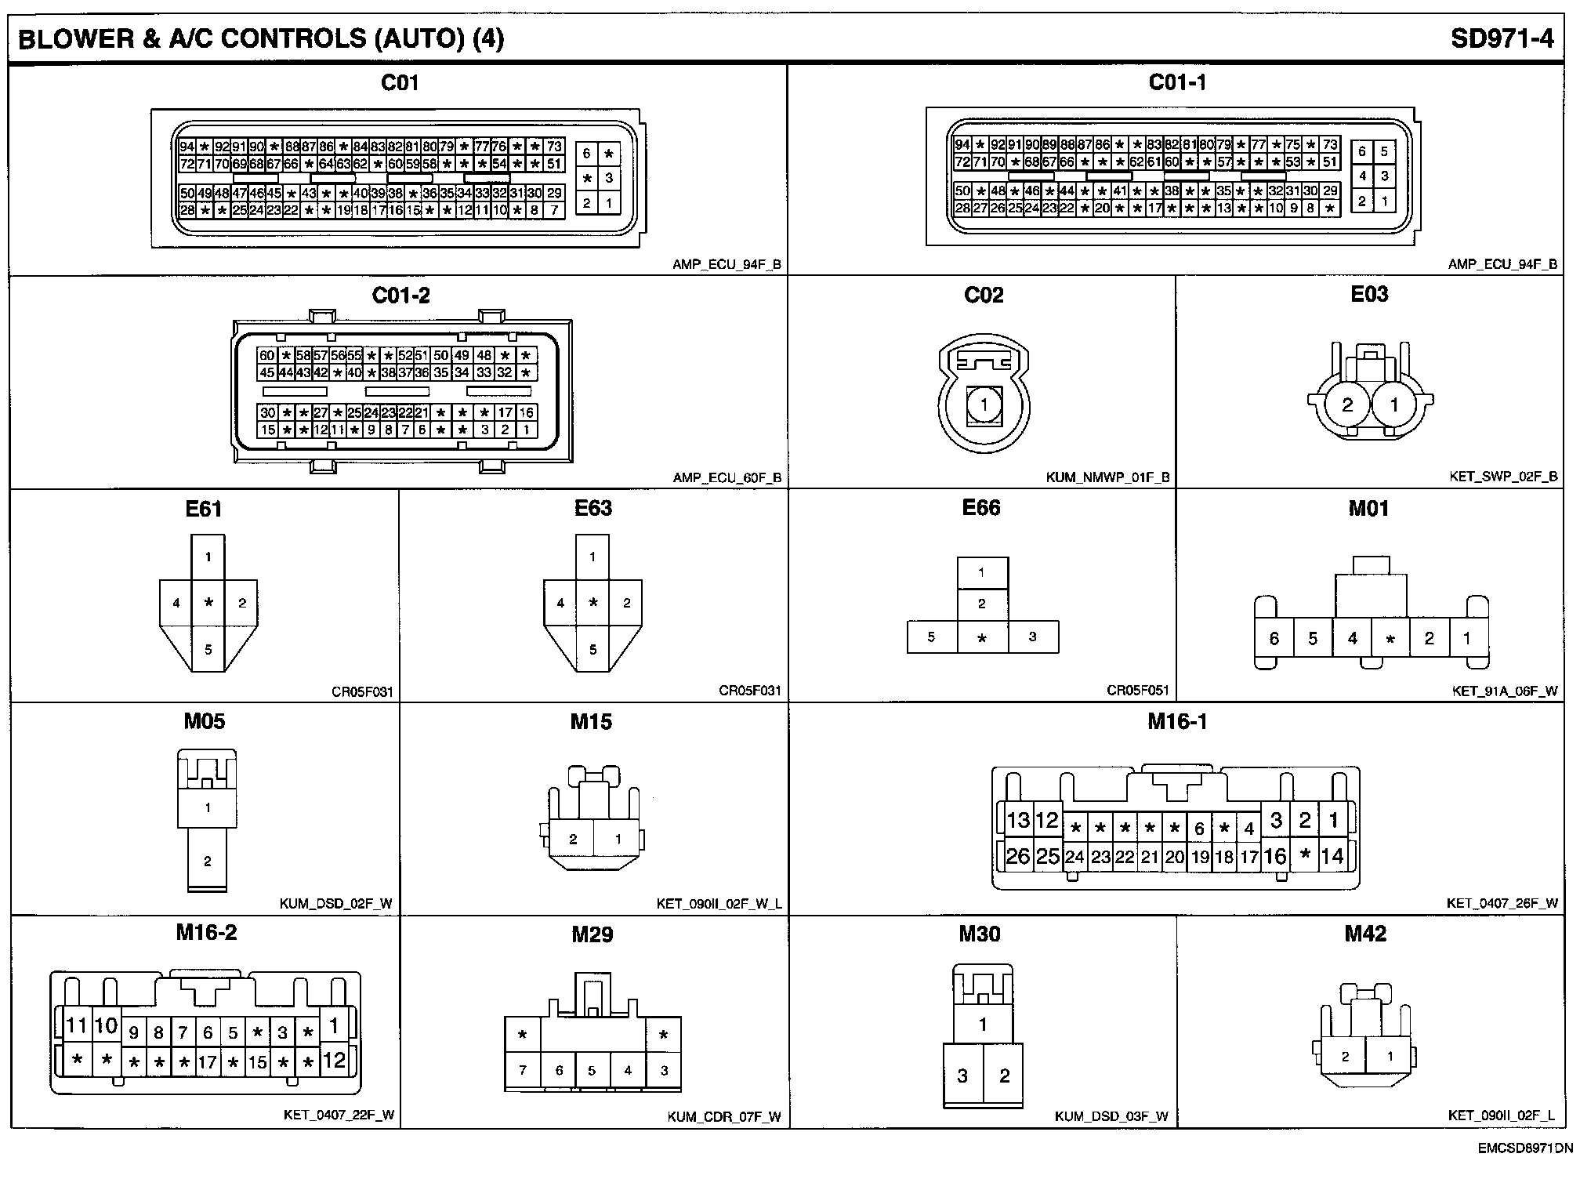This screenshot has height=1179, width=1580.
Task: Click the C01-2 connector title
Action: (400, 296)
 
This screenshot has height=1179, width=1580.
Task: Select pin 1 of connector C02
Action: (983, 405)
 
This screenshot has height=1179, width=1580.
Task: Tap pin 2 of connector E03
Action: (1347, 404)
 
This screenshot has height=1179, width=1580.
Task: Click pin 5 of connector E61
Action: (208, 649)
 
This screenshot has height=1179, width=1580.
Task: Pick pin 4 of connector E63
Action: (560, 603)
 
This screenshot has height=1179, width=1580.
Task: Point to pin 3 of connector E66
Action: (1032, 637)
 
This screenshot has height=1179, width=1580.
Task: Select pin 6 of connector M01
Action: (1274, 639)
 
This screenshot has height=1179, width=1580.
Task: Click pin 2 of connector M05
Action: (208, 861)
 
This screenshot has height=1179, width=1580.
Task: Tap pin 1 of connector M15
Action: (618, 839)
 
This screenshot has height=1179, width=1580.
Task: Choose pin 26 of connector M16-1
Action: (1017, 856)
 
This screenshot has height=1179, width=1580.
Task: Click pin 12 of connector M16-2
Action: (334, 1061)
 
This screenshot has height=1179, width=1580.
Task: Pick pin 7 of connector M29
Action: (523, 1070)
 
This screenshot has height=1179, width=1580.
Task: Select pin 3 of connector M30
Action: (962, 1076)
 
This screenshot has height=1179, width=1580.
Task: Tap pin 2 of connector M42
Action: (1345, 1056)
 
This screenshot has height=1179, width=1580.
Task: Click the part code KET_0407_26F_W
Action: (1502, 903)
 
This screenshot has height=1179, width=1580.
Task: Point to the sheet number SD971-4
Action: (1502, 38)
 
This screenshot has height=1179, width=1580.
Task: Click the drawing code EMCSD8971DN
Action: (1525, 1149)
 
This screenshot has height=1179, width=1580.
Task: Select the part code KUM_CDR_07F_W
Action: (723, 1116)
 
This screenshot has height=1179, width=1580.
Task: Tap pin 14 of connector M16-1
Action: (1332, 856)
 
